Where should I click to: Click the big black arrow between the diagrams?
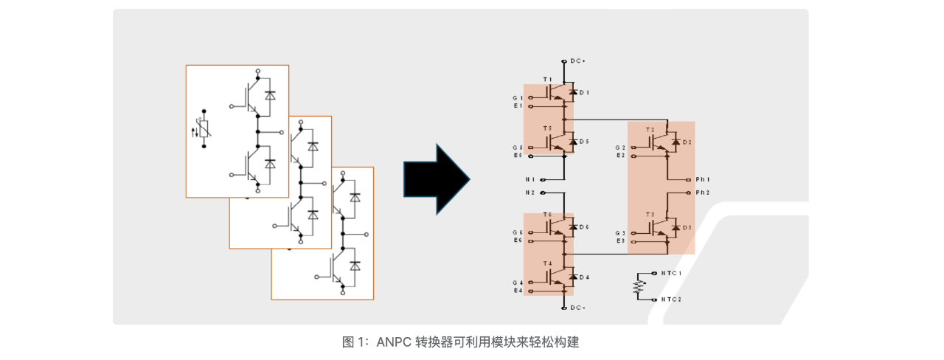coord(436,179)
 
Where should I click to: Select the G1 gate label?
coord(518,98)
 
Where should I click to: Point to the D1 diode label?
coord(584,92)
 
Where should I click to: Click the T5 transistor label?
coord(547,129)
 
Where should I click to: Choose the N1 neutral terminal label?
coord(530,179)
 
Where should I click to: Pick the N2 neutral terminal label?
coord(530,193)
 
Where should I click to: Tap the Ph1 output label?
coord(702,179)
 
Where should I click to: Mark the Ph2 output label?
coord(702,193)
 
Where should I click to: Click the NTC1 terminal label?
coord(671,274)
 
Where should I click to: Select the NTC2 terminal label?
coord(671,300)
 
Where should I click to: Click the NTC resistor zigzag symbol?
coord(639,287)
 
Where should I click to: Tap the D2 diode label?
coord(687,142)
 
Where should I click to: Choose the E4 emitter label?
coord(518,291)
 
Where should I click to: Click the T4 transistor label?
coord(547,263)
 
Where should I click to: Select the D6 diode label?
coord(584,227)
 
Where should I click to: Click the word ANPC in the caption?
coord(392,342)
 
